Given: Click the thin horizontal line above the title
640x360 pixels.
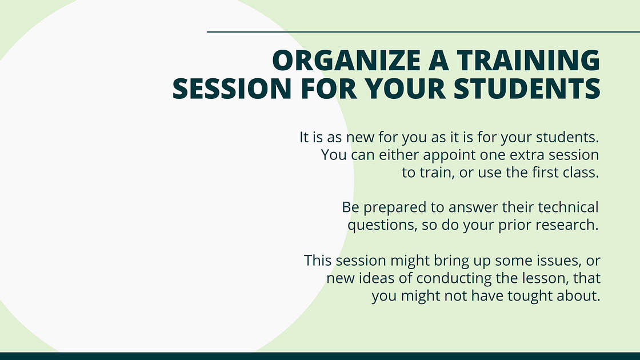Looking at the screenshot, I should (423, 32).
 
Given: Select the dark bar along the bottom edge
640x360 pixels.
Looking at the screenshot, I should (320, 356).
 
